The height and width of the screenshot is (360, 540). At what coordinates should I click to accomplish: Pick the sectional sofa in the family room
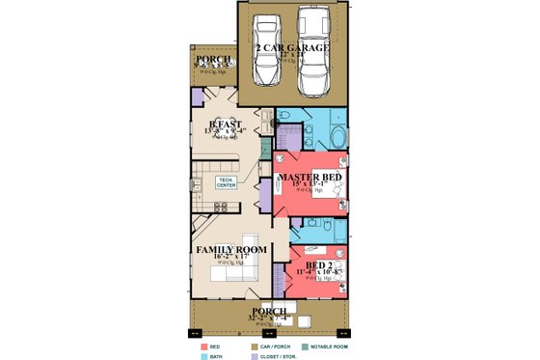tap(231, 277)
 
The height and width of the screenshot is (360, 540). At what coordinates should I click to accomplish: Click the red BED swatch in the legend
tap(204, 345)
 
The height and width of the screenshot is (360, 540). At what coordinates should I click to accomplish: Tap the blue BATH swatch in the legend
tap(204, 355)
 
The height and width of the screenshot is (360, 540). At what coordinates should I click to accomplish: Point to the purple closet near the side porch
tap(197, 97)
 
